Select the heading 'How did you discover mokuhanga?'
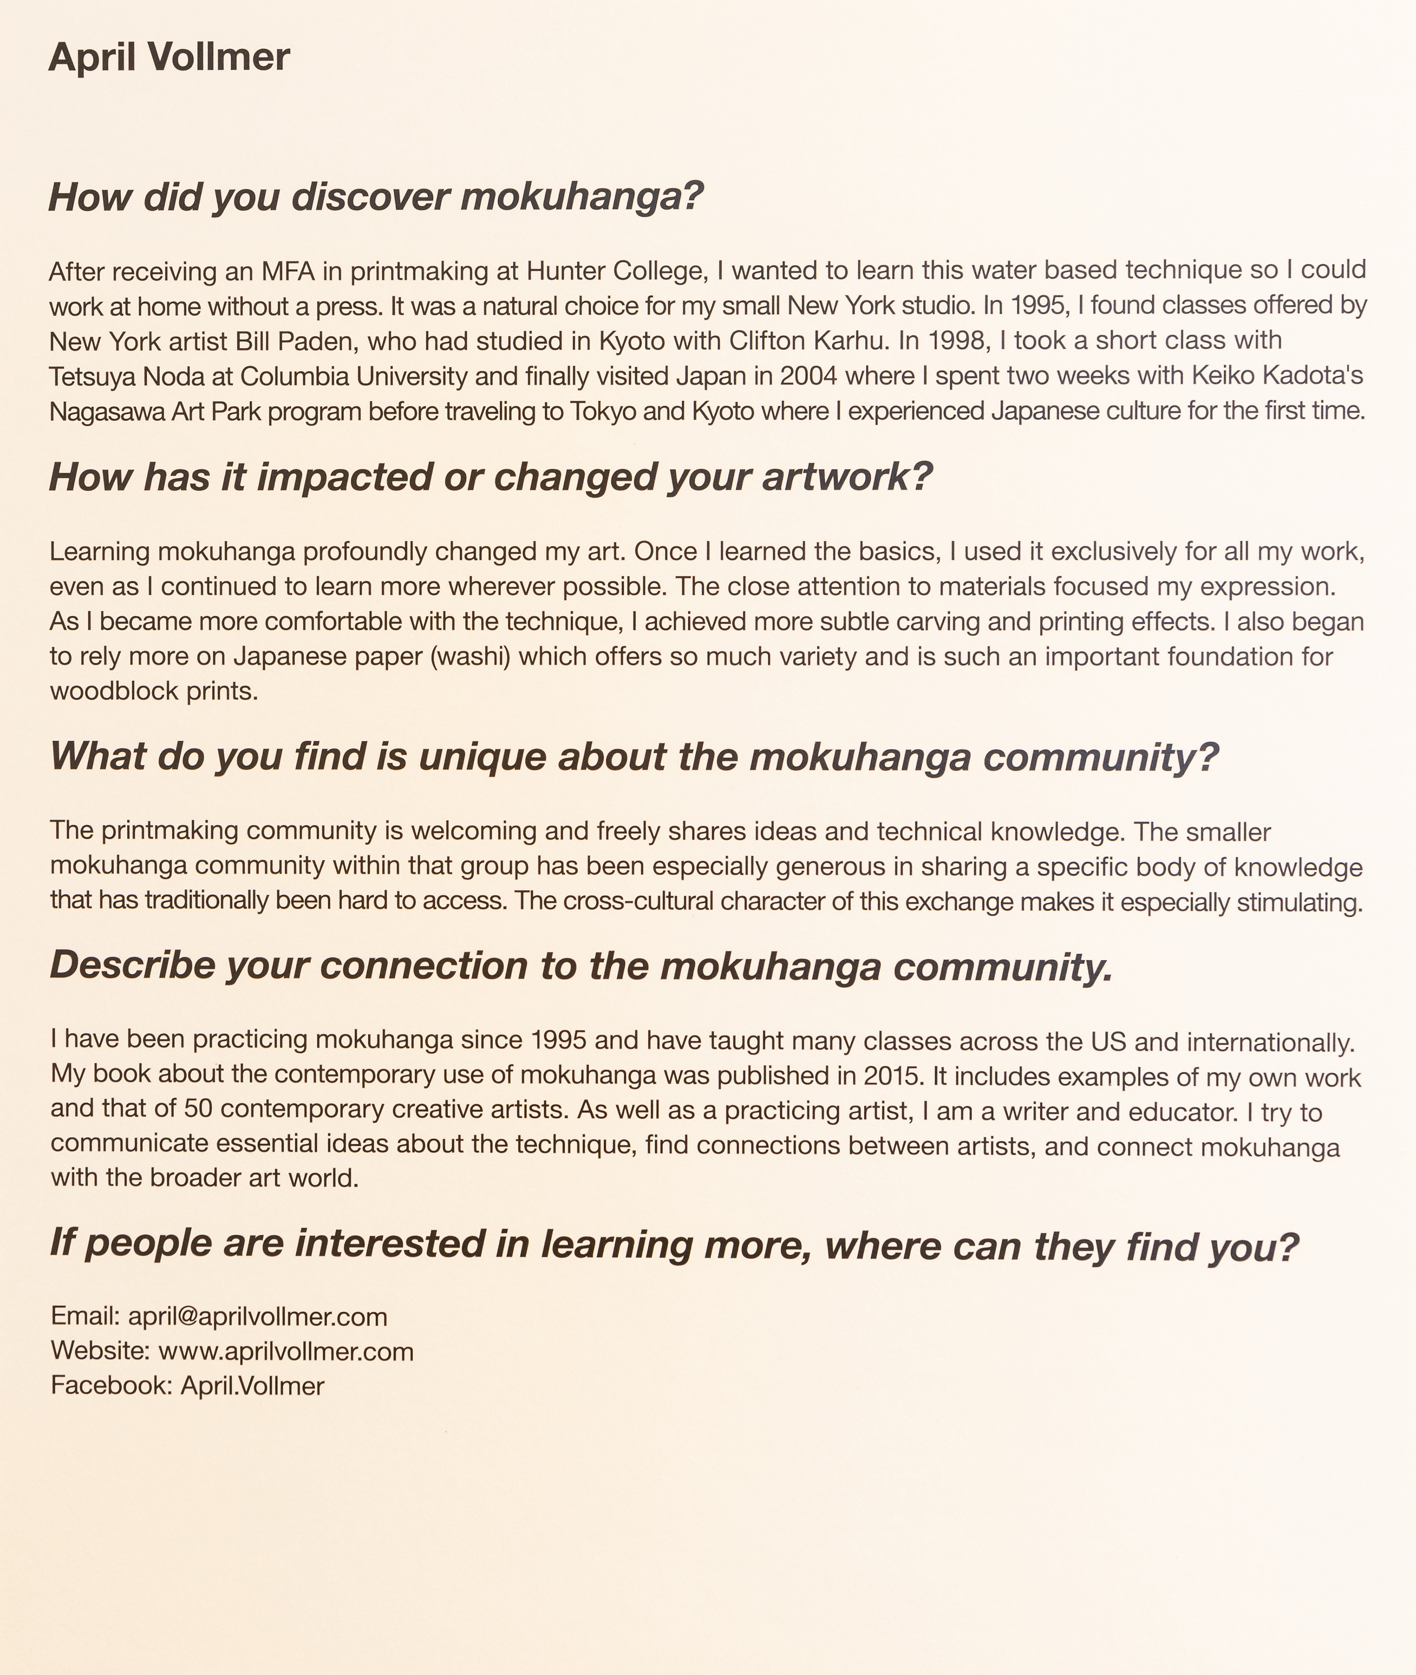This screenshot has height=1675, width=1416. click(376, 197)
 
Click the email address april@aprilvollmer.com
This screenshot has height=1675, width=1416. click(258, 1316)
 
